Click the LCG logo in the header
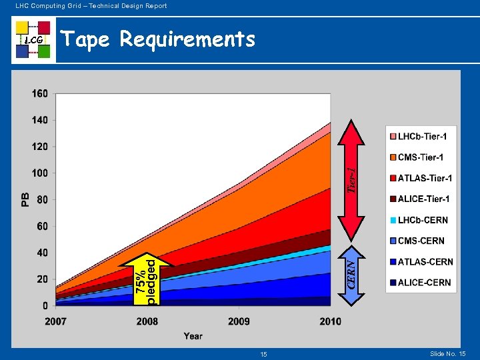33,39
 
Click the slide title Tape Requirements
158,40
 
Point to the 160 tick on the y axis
40,94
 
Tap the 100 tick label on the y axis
40,173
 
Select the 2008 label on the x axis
147,321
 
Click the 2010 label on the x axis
331,321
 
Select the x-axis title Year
193,336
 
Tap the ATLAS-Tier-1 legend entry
420,178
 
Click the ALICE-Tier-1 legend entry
419,199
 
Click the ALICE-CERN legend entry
419,283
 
